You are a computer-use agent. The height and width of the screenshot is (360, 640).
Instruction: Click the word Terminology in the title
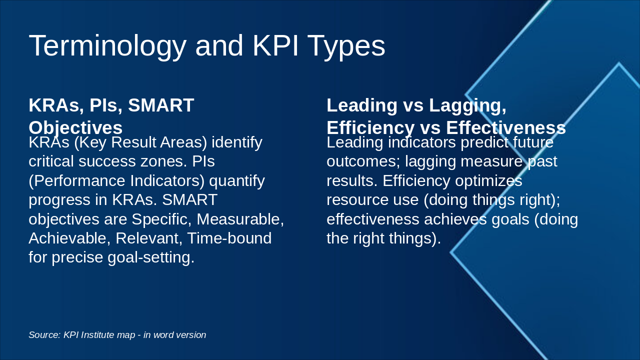click(x=107, y=46)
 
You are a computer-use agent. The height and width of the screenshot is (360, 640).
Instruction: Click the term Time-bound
click(x=229, y=238)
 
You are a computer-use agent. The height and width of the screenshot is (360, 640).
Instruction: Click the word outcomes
click(x=362, y=161)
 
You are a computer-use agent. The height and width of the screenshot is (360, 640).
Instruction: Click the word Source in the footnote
click(x=43, y=335)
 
